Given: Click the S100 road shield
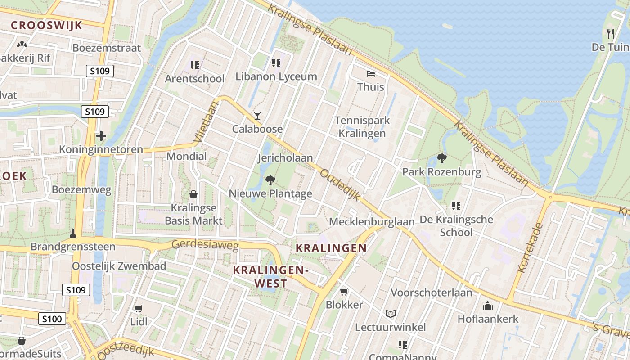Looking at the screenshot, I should (52, 319).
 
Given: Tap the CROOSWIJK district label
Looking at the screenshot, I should (46, 25).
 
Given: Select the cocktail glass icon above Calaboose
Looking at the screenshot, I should (257, 116).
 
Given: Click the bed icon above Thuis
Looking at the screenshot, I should (370, 73).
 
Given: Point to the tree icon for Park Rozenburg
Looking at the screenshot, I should (441, 158).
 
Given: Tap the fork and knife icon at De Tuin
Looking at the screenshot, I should (610, 34).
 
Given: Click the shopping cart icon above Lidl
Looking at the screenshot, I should (139, 308).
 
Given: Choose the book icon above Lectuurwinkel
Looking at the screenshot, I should (390, 314).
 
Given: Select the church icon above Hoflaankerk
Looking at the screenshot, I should (488, 306).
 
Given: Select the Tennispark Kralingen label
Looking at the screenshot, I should (362, 127).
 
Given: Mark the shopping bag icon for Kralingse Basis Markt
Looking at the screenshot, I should (193, 194).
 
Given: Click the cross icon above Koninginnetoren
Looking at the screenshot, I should (101, 135).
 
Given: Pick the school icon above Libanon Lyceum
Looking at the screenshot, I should (276, 63).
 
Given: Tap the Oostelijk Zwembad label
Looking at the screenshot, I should (119, 266).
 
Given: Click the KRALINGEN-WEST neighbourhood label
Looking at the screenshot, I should (270, 277).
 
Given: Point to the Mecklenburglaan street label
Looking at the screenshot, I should (372, 222).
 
